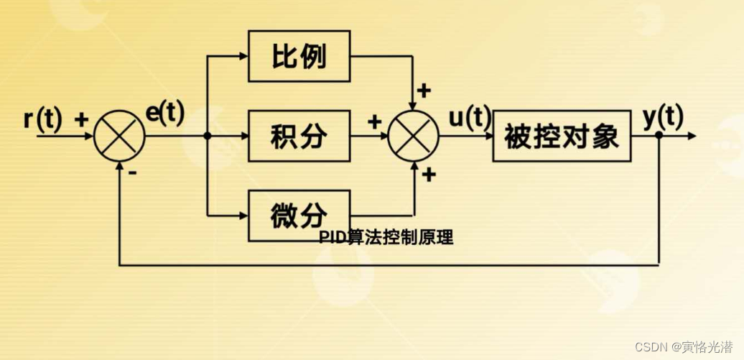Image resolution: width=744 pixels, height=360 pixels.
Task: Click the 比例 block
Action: coord(299,56)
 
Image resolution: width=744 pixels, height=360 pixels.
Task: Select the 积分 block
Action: coord(299,136)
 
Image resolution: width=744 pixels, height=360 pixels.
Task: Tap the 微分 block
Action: coord(299,215)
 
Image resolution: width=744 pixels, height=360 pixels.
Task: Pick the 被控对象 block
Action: coord(562,136)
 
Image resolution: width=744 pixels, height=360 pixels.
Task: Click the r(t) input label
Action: coord(43,118)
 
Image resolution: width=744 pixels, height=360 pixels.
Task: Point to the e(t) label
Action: coord(166,113)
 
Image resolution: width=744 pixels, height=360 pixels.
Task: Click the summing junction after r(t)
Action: coord(119,136)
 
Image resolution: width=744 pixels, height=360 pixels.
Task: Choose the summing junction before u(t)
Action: coord(414,136)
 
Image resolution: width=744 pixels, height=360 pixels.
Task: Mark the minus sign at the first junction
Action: coord(134,173)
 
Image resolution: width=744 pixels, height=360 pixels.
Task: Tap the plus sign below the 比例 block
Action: coord(424,91)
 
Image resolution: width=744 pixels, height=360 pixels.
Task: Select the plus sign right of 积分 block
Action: coord(374,121)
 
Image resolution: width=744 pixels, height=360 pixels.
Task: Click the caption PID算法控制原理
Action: coord(386,238)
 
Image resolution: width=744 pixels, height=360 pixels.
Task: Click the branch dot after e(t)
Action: coord(207,136)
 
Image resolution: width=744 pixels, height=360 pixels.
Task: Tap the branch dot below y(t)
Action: coord(659,136)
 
